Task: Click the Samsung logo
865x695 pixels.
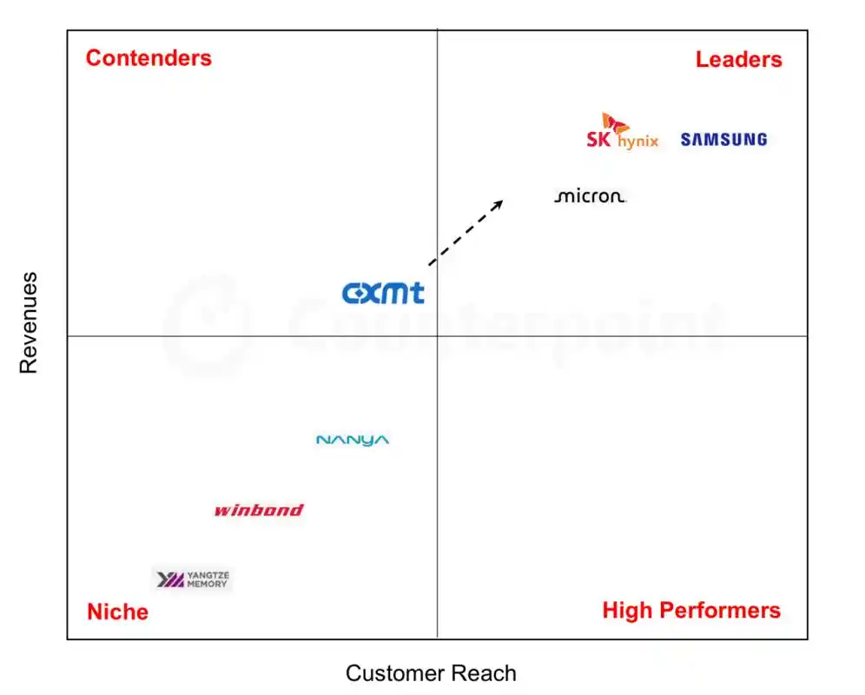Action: click(723, 140)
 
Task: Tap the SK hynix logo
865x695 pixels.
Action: click(623, 131)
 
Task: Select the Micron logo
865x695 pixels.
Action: click(590, 196)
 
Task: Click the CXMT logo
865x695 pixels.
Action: click(383, 293)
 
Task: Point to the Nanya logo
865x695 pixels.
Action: click(353, 440)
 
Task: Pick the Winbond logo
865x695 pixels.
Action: click(259, 510)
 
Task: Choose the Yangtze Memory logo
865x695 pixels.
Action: click(193, 579)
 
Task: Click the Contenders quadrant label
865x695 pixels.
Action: click(149, 58)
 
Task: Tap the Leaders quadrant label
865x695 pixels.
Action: click(739, 59)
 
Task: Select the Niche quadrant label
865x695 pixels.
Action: click(117, 612)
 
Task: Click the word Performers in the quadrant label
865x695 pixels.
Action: click(720, 611)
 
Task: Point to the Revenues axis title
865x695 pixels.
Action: click(28, 323)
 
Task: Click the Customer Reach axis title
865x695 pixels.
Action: click(431, 673)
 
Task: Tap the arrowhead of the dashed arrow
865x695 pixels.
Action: click(499, 203)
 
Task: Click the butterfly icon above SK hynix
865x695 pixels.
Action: click(614, 122)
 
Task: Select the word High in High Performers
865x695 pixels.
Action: click(628, 611)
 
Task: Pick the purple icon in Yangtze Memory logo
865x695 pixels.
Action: click(170, 579)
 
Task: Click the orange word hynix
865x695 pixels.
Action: click(638, 142)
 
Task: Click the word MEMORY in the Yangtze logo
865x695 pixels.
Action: click(207, 584)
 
